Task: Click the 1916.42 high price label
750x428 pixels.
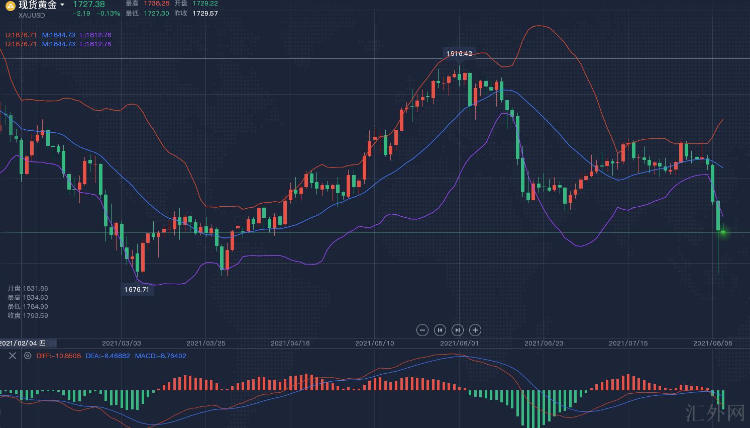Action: point(459,53)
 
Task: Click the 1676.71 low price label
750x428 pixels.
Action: point(137,289)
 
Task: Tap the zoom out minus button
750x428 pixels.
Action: point(422,330)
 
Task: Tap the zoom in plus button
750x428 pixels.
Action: point(475,330)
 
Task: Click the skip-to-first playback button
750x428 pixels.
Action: point(440,330)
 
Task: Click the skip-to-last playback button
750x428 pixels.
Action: point(457,330)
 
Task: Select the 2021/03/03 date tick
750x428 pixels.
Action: point(122,343)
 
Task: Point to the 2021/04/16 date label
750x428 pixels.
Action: point(290,343)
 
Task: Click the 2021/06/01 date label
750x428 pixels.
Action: point(460,343)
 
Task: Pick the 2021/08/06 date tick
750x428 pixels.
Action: point(712,343)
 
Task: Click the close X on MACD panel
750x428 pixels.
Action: point(13,356)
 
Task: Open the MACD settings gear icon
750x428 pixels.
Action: point(28,356)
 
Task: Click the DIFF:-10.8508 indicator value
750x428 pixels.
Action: point(58,356)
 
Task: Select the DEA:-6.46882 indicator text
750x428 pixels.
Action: point(108,356)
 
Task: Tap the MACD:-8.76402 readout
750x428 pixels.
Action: point(160,356)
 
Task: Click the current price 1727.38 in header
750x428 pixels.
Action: point(89,5)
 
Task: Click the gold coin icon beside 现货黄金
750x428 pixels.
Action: point(10,6)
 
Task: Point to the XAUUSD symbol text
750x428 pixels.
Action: point(32,15)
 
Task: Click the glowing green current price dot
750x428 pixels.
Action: point(723,232)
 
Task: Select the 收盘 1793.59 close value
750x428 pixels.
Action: point(28,315)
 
